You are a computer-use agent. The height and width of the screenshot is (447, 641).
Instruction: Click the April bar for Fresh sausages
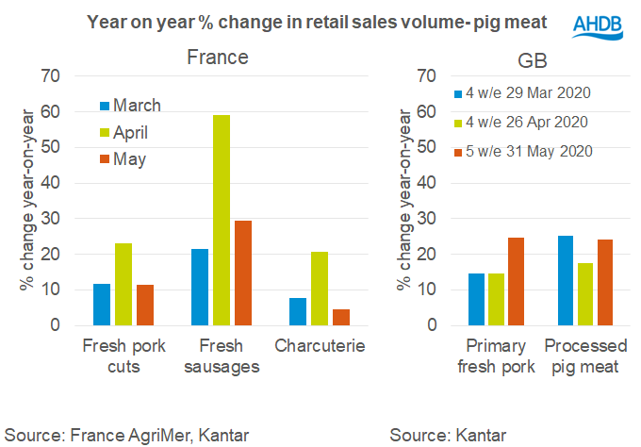[x=222, y=221]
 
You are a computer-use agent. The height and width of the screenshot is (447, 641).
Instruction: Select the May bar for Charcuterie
[x=340, y=317]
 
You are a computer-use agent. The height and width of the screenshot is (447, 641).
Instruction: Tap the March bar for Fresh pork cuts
[x=102, y=305]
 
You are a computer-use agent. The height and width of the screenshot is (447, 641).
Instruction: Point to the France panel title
[x=218, y=58]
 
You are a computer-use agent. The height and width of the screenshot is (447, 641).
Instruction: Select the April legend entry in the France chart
[x=128, y=132]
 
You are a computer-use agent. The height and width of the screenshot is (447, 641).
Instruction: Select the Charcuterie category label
[x=319, y=345]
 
